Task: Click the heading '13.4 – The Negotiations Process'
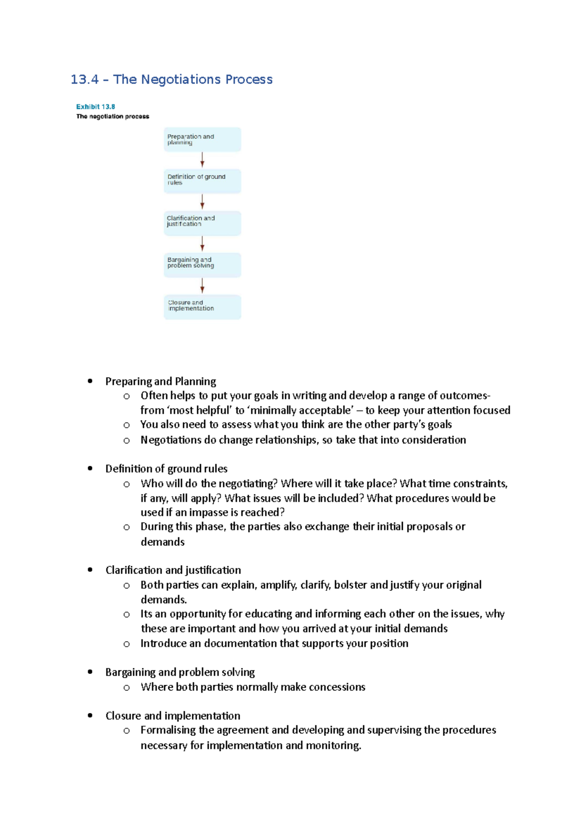(171, 79)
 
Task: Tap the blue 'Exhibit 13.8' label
(95, 107)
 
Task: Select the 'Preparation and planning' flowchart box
(202, 140)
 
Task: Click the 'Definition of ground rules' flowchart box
(202, 181)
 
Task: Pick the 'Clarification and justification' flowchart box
(202, 223)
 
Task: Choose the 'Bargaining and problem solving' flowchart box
(202, 265)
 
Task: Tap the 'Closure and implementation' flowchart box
(202, 307)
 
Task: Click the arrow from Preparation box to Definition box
(202, 160)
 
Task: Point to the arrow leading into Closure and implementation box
(202, 285)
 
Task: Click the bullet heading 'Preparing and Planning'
(161, 381)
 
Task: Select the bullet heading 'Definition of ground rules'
(166, 469)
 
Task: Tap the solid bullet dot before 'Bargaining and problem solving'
(90, 672)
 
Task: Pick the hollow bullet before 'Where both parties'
(126, 687)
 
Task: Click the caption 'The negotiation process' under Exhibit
(113, 116)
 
